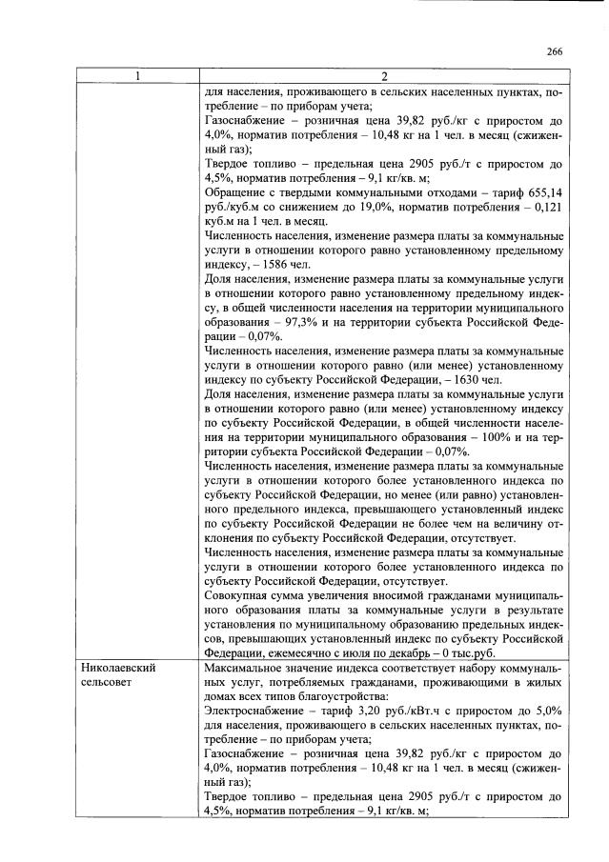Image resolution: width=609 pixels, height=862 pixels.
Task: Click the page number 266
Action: (556, 52)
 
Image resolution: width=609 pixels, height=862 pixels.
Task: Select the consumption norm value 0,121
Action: (548, 205)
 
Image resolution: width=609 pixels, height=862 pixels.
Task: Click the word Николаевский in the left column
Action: (117, 669)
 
